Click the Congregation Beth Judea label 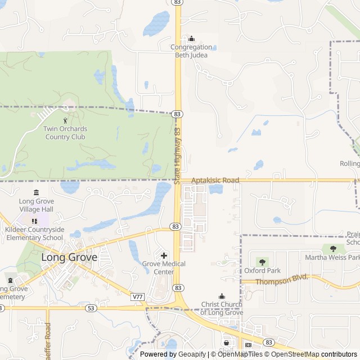point(191,51)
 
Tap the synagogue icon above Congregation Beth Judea point(191,38)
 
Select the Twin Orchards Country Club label point(65,133)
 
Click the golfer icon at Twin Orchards point(65,120)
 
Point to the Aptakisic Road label point(215,181)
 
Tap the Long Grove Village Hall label point(36,205)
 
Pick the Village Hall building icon point(37,192)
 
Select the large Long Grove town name point(69,258)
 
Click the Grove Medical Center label point(164,268)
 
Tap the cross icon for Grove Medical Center point(164,255)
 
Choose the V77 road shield point(137,296)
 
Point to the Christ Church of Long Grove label point(222,308)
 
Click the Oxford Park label point(262,271)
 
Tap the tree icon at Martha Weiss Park point(333,248)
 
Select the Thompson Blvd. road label point(282,280)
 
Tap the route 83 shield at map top point(178,2)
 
